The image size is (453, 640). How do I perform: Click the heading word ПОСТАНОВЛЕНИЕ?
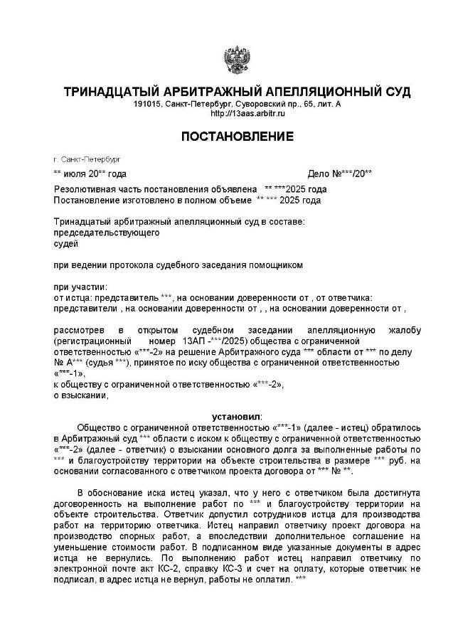(237, 136)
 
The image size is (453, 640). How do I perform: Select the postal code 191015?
(146, 105)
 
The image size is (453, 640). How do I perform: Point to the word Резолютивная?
(88, 190)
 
